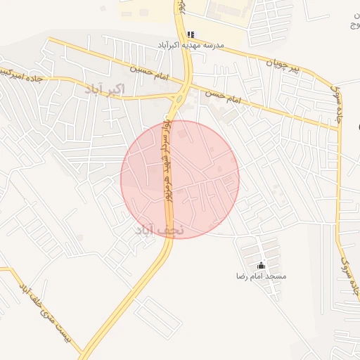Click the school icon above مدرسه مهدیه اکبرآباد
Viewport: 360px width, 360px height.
[x=191, y=34]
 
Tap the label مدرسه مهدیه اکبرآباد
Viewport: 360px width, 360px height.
[x=191, y=45]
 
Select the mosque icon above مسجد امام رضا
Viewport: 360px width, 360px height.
[x=262, y=265]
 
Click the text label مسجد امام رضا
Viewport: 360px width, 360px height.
[x=262, y=276]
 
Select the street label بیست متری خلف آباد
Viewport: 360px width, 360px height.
[x=46, y=316]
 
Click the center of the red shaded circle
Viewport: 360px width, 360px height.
[x=180, y=179]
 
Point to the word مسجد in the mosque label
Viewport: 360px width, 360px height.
[x=277, y=276]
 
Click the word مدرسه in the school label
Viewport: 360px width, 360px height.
[x=212, y=45]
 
